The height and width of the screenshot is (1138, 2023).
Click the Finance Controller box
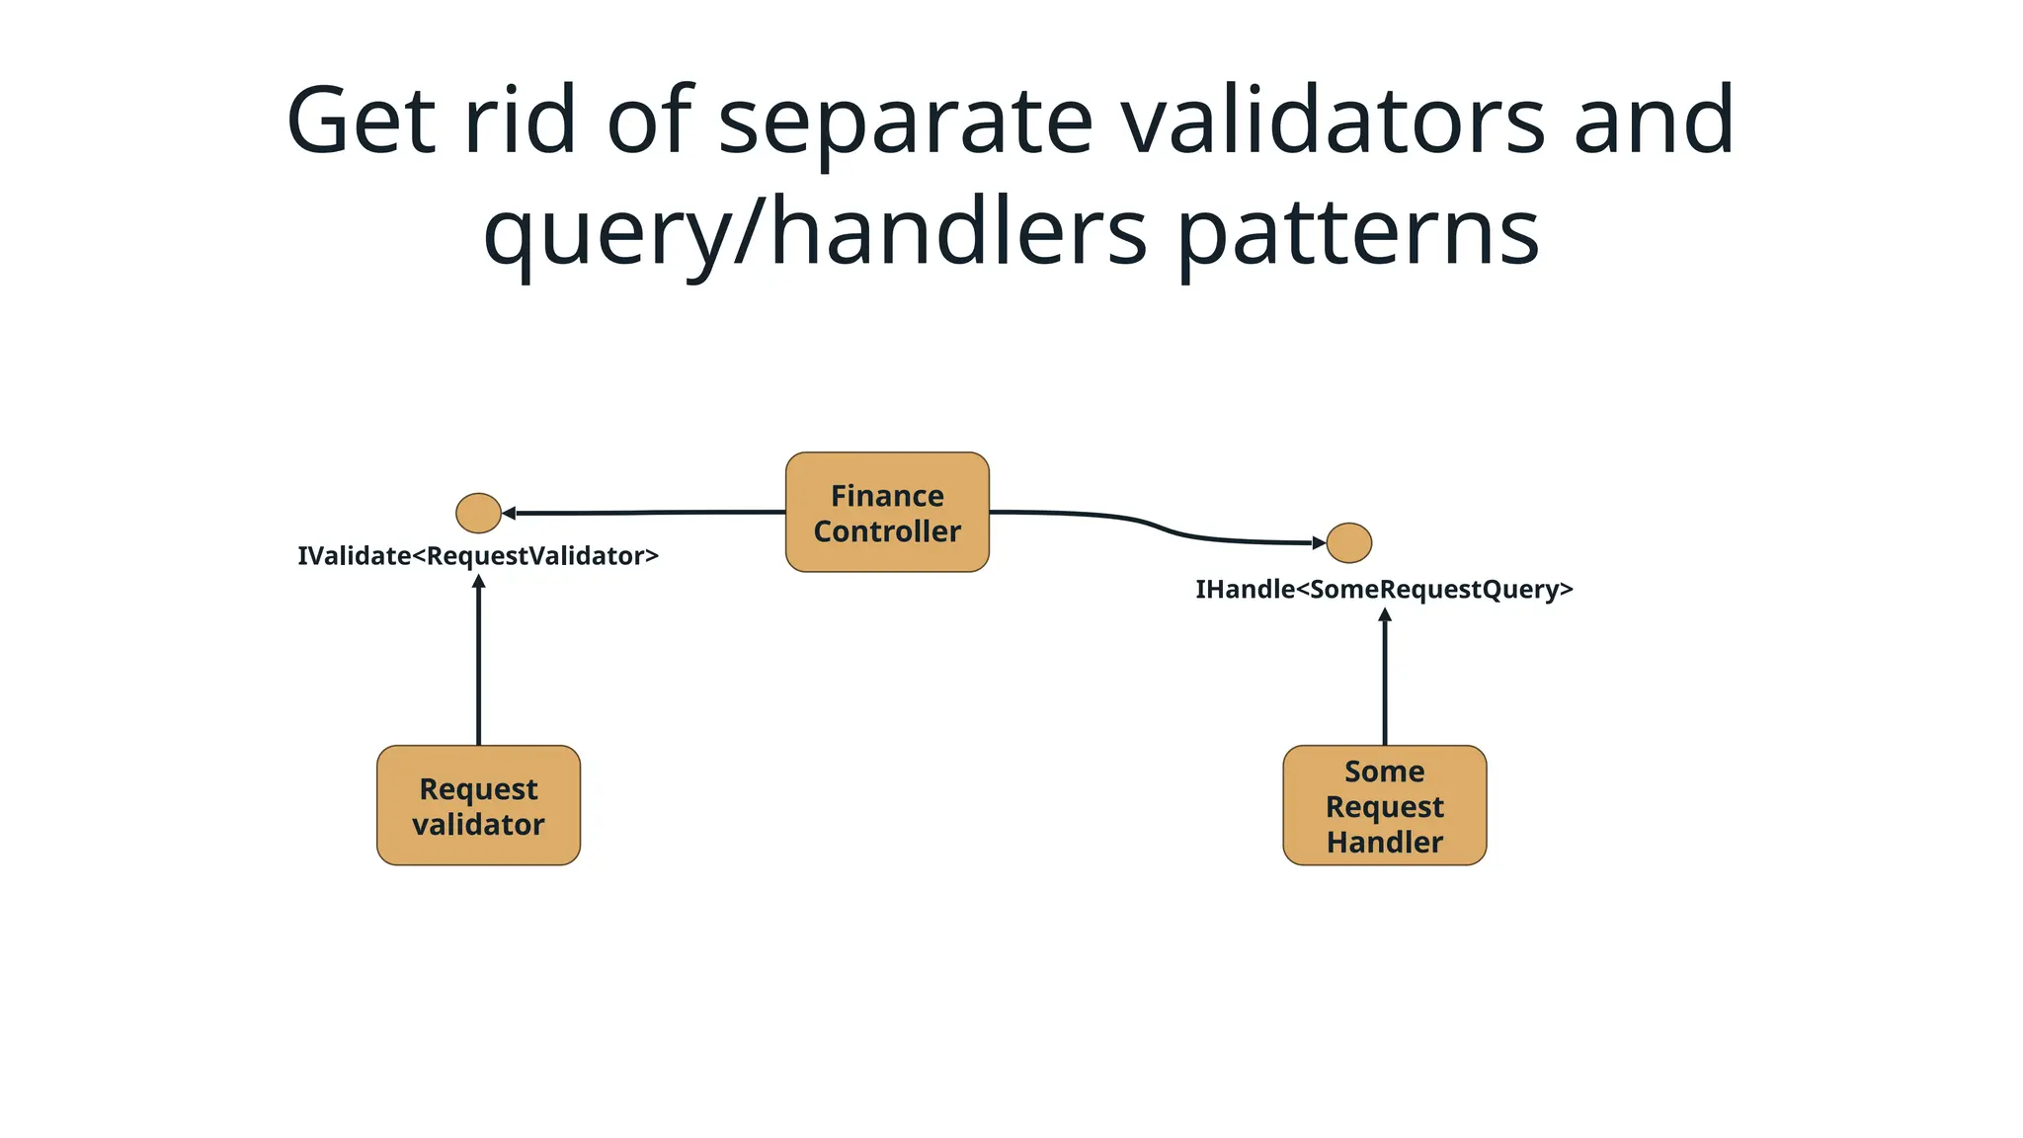pyautogui.click(x=887, y=512)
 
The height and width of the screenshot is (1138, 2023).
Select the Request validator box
pyautogui.click(x=478, y=805)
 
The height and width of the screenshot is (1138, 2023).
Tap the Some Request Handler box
pyautogui.click(x=1384, y=805)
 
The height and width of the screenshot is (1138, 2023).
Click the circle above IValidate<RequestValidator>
pyautogui.click(x=478, y=513)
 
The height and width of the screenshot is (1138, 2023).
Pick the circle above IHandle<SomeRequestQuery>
pyautogui.click(x=1348, y=542)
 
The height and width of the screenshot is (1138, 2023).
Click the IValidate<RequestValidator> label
pyautogui.click(x=478, y=556)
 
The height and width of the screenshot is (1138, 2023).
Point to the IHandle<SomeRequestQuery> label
pyautogui.click(x=1384, y=590)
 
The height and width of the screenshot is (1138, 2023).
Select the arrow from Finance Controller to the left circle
pyautogui.click(x=642, y=513)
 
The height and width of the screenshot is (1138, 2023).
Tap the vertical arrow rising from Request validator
pyautogui.click(x=478, y=662)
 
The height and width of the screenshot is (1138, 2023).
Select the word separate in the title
pyautogui.click(x=905, y=123)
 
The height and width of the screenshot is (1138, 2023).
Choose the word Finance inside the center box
pyautogui.click(x=887, y=496)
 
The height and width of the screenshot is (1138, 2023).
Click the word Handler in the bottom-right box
pyautogui.click(x=1384, y=843)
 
